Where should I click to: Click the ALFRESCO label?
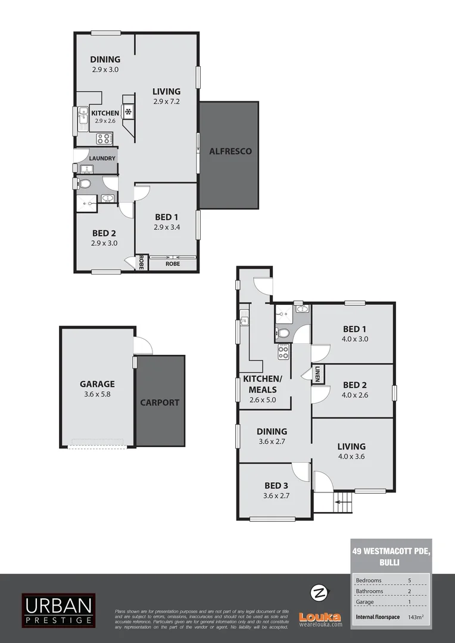pyautogui.click(x=230, y=151)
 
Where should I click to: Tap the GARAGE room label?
pyautogui.click(x=97, y=384)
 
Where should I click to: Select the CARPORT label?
pyautogui.click(x=160, y=402)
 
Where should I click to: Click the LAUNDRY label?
pyautogui.click(x=102, y=158)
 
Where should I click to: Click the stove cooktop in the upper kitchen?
pyautogui.click(x=104, y=139)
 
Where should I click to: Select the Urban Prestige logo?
pyautogui.click(x=58, y=610)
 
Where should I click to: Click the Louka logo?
pyautogui.click(x=320, y=619)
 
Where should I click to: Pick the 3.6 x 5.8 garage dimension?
pyautogui.click(x=97, y=394)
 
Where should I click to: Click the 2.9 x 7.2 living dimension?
pyautogui.click(x=166, y=101)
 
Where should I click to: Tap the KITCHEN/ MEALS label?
pyautogui.click(x=263, y=384)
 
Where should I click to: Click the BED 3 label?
pyautogui.click(x=276, y=485)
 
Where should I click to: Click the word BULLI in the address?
pyautogui.click(x=388, y=562)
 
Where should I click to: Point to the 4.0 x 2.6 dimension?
pyautogui.click(x=352, y=394)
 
